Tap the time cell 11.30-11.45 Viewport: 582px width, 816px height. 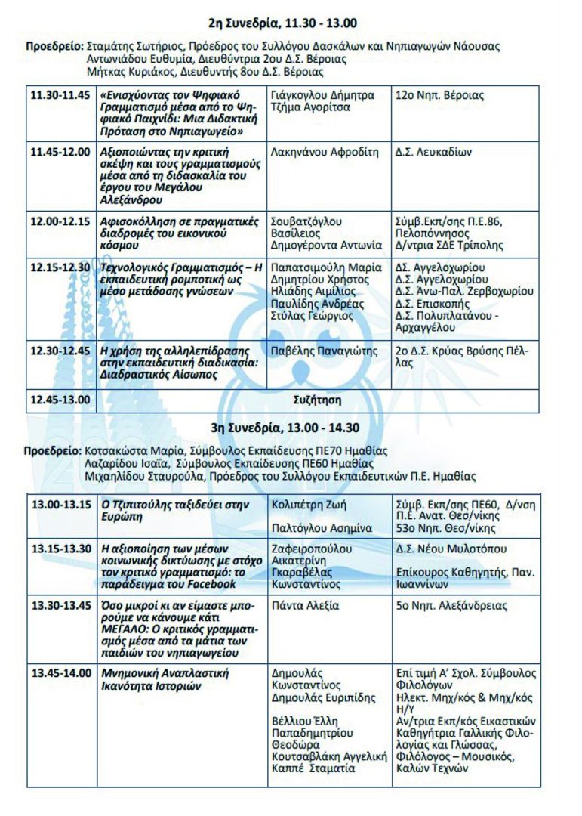click(x=59, y=96)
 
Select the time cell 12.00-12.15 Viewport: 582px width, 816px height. click(x=59, y=221)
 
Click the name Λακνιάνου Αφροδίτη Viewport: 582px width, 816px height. click(x=324, y=151)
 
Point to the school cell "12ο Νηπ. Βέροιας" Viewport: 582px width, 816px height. click(x=440, y=96)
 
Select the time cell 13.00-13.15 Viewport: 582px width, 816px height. click(x=59, y=504)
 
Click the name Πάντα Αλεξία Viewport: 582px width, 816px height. click(x=305, y=605)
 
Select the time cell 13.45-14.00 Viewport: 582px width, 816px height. click(x=59, y=672)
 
